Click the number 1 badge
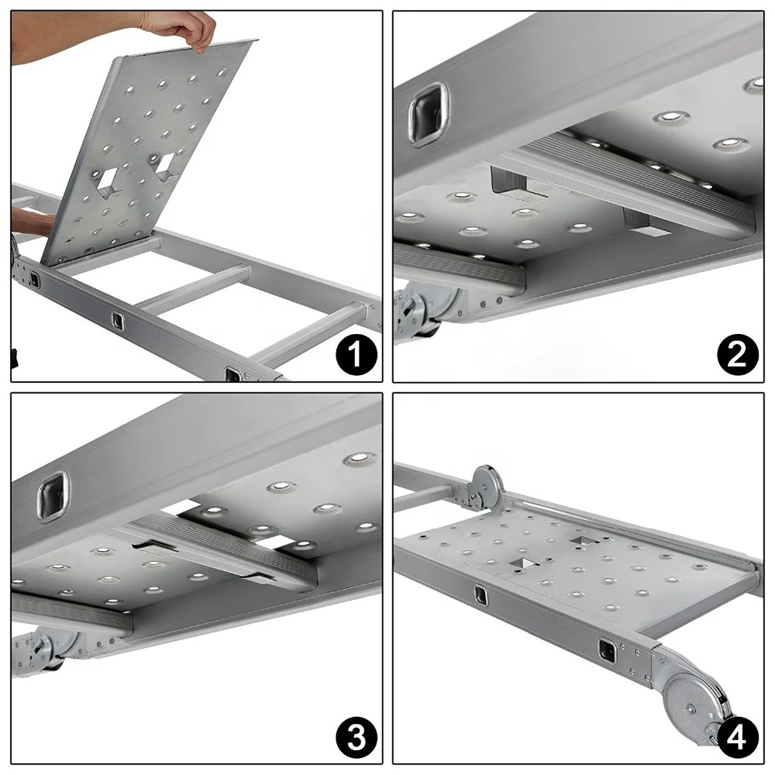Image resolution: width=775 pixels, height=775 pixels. coord(356,355)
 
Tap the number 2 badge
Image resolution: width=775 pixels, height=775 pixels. coord(738,355)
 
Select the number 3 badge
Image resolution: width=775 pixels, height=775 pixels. coord(356,738)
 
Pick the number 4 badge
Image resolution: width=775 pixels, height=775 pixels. coord(738,739)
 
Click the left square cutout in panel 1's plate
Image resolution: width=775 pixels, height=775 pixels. coord(108,181)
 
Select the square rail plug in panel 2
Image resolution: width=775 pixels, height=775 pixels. coord(426,113)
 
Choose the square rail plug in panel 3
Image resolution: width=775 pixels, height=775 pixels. coord(53,496)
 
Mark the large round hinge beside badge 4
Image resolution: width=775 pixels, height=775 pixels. coord(691,708)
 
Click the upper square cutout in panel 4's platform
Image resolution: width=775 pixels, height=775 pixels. coord(582,539)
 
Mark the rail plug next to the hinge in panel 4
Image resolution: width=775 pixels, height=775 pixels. coord(607,651)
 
